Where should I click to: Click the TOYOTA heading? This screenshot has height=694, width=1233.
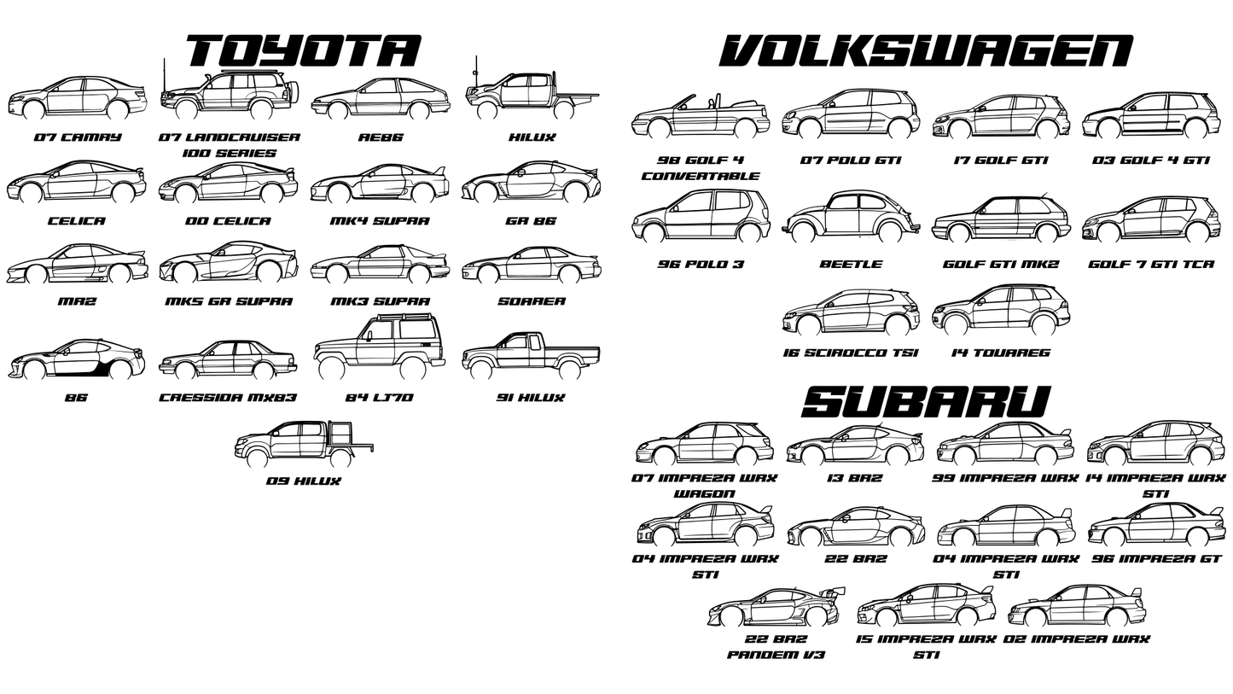coord(303,50)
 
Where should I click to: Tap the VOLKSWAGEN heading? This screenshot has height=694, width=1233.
coord(926,51)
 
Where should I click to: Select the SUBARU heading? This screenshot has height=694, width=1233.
coord(926,402)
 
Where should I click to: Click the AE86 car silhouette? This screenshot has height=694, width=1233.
coord(381,99)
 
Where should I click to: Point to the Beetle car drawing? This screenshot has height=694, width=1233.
coord(851,219)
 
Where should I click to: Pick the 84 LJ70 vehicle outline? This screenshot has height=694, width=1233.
coord(380,347)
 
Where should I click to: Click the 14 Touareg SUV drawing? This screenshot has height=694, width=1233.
coord(1000,310)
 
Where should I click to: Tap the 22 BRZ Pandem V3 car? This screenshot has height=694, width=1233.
coord(775,608)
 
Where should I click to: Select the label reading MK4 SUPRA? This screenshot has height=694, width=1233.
coord(380,221)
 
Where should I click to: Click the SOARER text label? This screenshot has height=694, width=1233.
coord(531,301)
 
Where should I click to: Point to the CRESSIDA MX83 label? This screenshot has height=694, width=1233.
coord(228,398)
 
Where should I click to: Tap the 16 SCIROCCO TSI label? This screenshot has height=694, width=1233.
coord(850,353)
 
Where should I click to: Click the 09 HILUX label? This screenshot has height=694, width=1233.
coord(303,481)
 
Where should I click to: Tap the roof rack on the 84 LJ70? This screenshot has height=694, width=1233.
coord(404,316)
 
